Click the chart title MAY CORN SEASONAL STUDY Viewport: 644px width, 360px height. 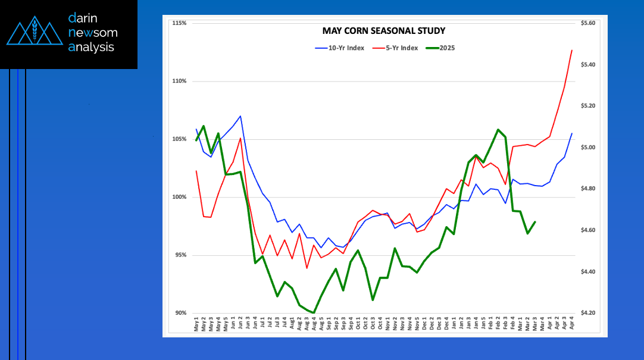coord(383,31)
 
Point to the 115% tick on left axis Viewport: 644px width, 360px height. coord(179,23)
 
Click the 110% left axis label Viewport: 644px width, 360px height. coord(179,81)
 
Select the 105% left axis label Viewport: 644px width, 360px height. coord(179,139)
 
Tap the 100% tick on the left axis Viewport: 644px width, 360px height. coord(179,197)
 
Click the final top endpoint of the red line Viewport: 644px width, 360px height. coord(572,50)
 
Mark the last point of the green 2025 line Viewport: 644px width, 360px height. coord(535,222)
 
